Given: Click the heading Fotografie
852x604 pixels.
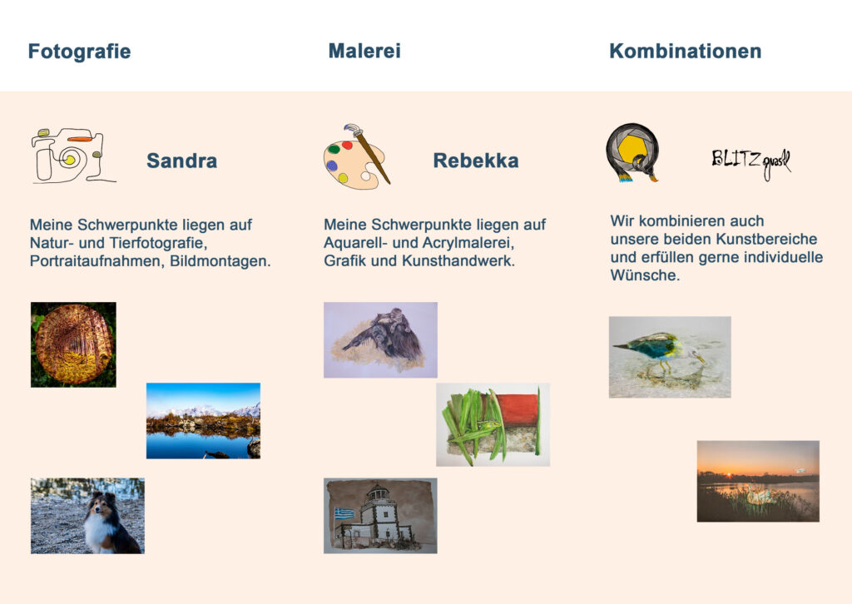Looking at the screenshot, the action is click(x=79, y=52).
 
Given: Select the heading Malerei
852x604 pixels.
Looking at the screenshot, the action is click(x=364, y=51).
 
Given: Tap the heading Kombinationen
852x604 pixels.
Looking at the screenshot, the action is click(x=686, y=51).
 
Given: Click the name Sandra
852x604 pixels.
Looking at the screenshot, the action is click(x=182, y=161).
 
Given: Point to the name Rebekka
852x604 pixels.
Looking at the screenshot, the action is click(x=476, y=161).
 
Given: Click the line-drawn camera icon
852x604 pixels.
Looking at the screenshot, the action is click(x=73, y=156).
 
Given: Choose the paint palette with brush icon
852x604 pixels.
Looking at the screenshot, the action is click(x=357, y=157).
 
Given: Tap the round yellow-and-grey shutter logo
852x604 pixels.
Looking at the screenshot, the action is click(x=632, y=152).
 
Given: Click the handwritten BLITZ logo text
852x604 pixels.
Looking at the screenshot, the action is click(x=751, y=162).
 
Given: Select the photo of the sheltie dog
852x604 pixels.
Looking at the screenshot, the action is click(x=87, y=516).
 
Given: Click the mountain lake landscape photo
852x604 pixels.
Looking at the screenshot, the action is click(x=203, y=421).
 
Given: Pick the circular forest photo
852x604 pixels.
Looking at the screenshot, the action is click(x=73, y=344).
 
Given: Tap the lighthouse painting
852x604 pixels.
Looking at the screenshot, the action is click(x=380, y=516).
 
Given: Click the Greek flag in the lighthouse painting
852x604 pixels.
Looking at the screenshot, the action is click(x=344, y=513).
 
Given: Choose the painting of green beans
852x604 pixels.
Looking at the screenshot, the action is click(x=493, y=425).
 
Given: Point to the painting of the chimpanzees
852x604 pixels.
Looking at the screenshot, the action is click(x=380, y=340).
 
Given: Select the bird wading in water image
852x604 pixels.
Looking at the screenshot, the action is click(x=670, y=358).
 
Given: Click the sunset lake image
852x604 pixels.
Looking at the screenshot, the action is click(x=758, y=481).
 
